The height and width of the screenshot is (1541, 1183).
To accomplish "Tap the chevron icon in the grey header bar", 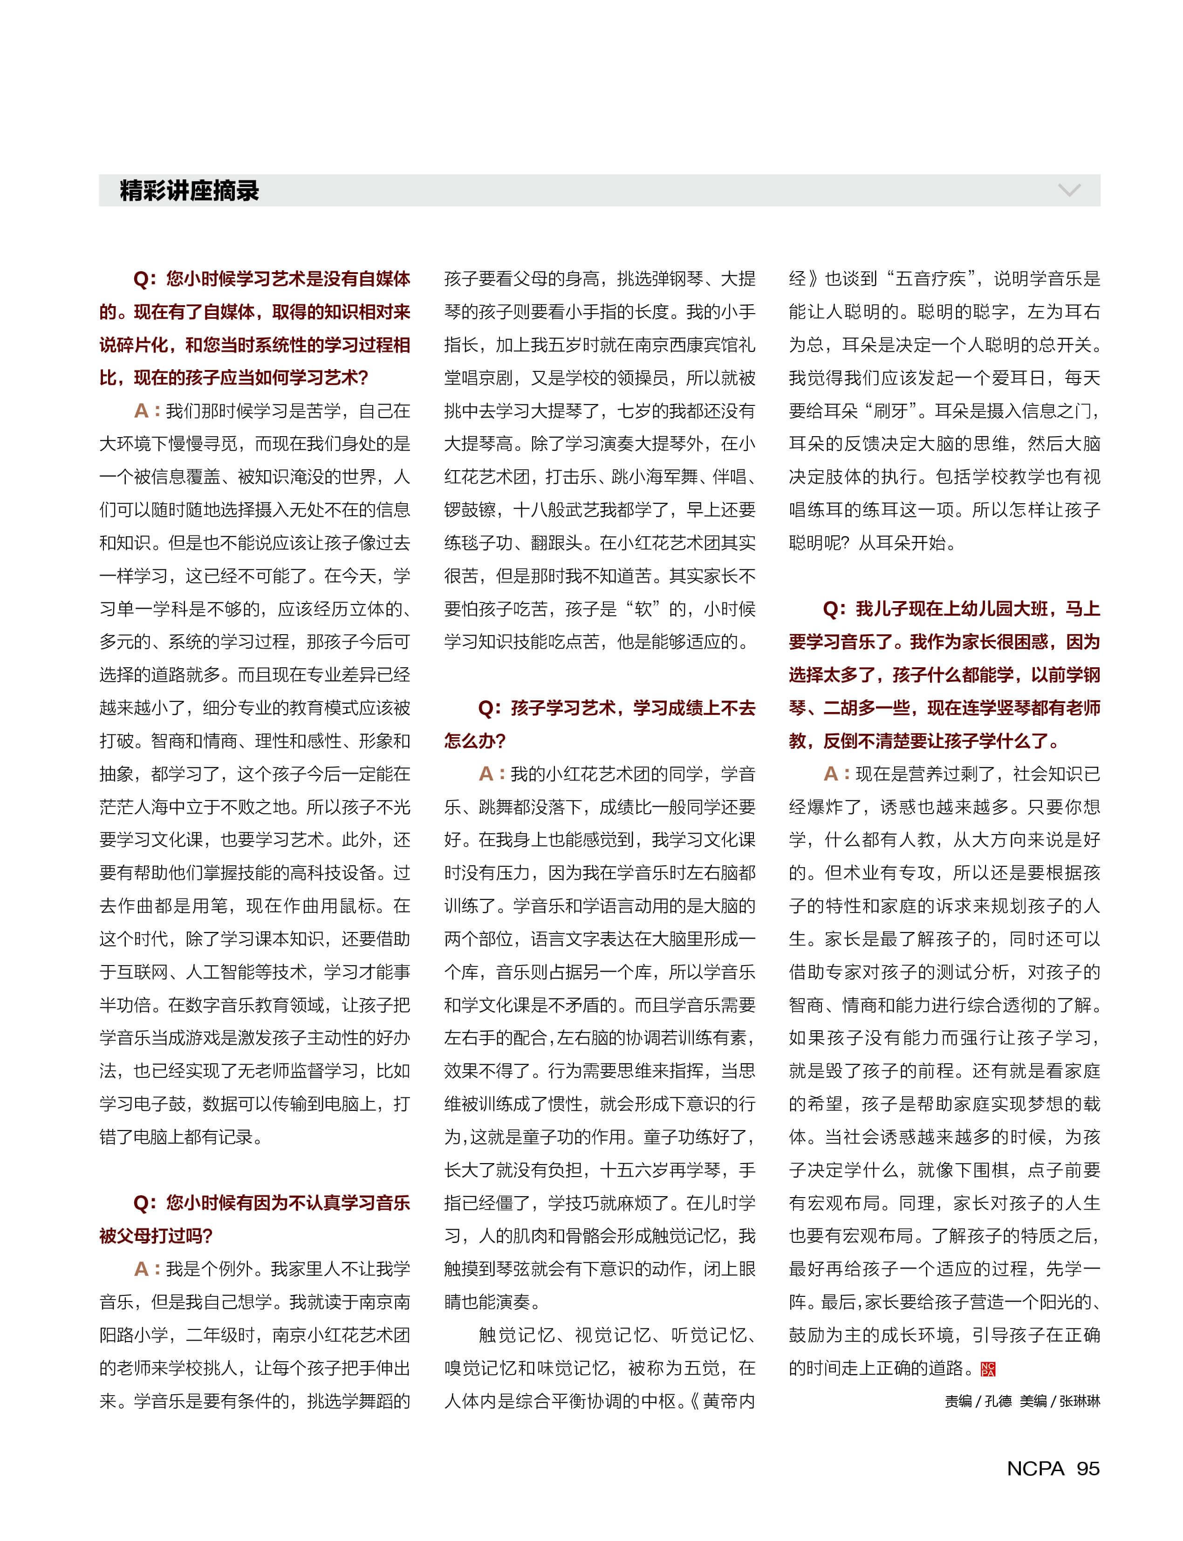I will coord(1069,190).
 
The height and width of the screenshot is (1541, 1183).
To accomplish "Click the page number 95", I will coord(1088,1468).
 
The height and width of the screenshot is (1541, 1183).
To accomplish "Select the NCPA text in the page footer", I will coord(1035,1468).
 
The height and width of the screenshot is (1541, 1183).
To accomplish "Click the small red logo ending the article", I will coord(988,1369).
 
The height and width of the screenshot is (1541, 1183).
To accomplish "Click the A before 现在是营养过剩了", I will coord(831,774).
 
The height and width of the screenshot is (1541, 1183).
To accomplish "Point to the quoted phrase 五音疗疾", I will coord(930,279).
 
